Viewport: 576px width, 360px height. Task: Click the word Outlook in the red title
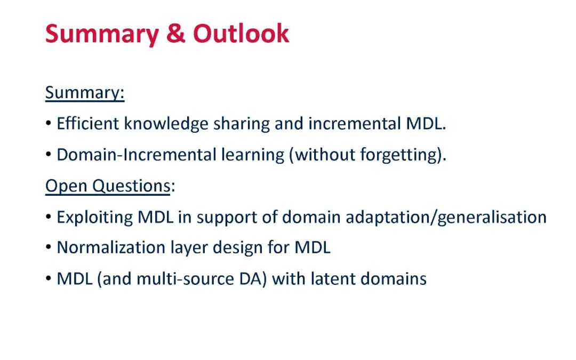pos(241,34)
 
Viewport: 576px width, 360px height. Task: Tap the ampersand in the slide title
pos(175,34)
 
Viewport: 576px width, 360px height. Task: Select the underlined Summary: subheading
pos(85,93)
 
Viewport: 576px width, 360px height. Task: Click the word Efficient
pos(87,123)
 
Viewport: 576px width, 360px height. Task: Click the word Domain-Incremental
pos(137,155)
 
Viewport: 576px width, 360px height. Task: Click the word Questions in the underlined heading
pos(131,186)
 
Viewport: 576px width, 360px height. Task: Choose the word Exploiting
pos(94,218)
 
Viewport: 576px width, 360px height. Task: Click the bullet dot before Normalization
pos(49,247)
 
